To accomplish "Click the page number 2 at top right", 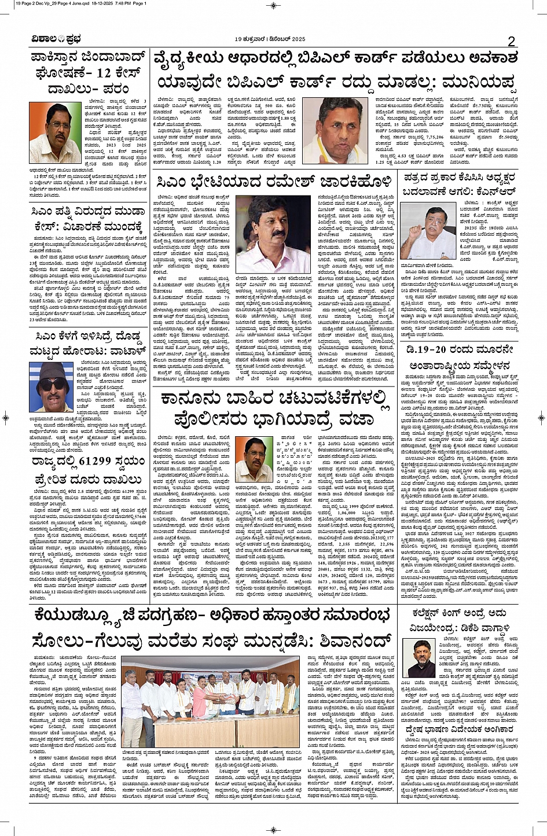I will [x=511, y=40].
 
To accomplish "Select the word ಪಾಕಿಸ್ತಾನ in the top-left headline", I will [x=64, y=58].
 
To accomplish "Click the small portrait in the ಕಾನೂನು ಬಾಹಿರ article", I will [x=254, y=459].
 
